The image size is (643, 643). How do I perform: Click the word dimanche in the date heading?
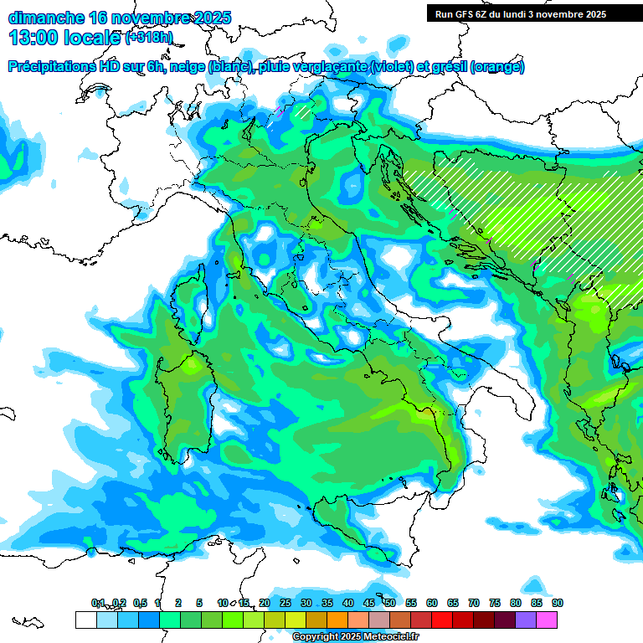point(45,18)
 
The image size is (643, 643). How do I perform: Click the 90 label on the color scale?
point(558,604)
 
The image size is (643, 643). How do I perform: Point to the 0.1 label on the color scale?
point(98,604)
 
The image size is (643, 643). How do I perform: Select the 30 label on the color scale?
point(306,604)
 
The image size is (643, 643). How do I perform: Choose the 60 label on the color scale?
point(432,604)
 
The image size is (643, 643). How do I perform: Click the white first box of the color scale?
point(85,620)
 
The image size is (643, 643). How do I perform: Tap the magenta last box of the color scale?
point(547,620)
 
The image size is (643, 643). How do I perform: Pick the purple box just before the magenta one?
point(526,620)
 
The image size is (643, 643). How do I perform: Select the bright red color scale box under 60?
point(442,620)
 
